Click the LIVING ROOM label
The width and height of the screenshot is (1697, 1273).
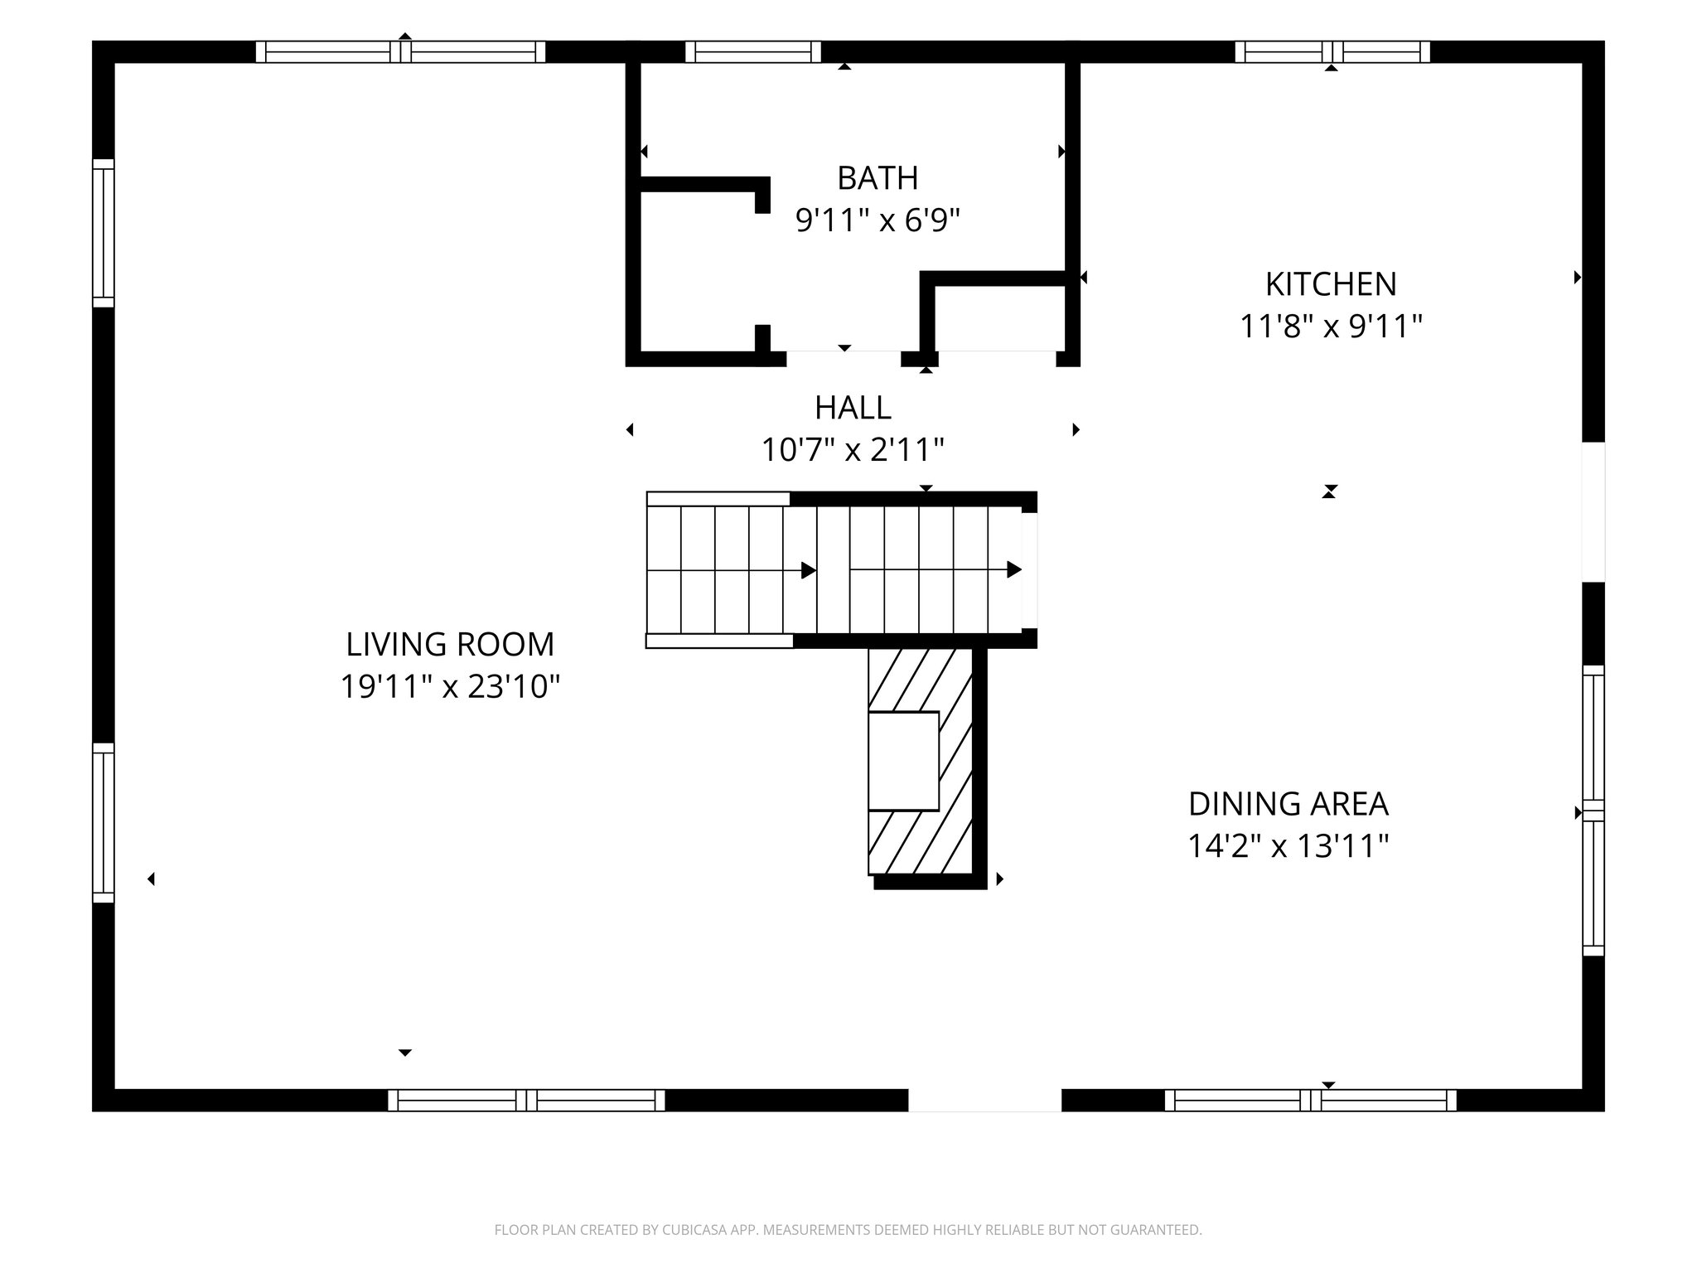tap(449, 644)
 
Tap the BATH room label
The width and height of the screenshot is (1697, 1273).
tap(878, 178)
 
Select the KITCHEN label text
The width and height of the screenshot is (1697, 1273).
tap(1330, 284)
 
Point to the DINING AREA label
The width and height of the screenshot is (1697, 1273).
tap(1288, 804)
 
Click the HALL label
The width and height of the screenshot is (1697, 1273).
tap(853, 408)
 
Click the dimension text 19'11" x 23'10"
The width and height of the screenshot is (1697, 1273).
tap(450, 687)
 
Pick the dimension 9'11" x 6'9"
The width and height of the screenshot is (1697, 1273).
tap(878, 221)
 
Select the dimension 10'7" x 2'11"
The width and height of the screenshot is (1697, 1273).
tap(853, 451)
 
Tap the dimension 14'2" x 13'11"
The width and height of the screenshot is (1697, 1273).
tap(1288, 847)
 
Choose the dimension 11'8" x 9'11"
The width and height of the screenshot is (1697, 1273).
tap(1330, 327)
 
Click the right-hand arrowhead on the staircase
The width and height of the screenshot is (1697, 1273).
tap(1013, 570)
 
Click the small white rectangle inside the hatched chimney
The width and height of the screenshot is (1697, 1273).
tap(903, 761)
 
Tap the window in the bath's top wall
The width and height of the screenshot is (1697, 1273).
tap(752, 52)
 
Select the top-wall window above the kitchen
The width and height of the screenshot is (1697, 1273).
tap(1332, 52)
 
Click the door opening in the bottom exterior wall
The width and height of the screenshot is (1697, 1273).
tap(984, 1100)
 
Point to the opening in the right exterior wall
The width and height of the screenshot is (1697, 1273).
tap(1593, 512)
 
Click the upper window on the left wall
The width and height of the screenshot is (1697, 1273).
tap(103, 233)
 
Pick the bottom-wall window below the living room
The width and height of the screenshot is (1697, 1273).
tap(526, 1100)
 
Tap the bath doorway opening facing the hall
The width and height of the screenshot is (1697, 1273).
tap(843, 358)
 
